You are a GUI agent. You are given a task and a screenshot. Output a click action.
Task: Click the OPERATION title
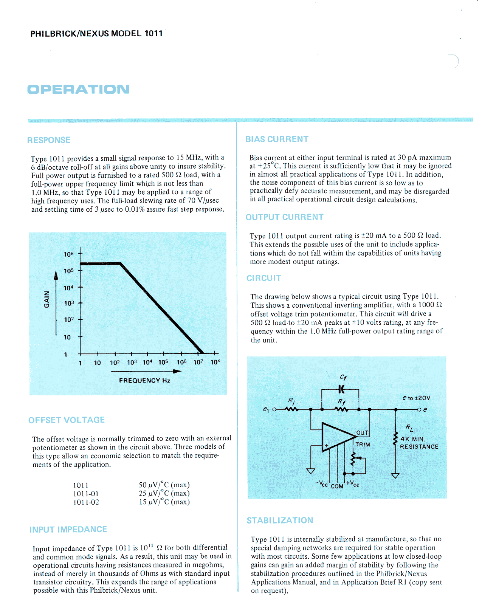tap(78, 89)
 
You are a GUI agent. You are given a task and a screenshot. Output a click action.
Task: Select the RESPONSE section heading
tap(49, 140)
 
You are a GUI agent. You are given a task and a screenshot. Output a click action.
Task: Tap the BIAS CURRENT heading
tap(277, 139)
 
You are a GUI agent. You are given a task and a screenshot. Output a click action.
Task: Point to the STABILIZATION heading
tap(280, 521)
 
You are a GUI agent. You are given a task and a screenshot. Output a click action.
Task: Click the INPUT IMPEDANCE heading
tap(68, 530)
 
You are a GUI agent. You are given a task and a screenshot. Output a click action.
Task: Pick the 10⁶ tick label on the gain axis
tap(68, 254)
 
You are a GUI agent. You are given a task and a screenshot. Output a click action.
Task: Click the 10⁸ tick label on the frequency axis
tap(215, 362)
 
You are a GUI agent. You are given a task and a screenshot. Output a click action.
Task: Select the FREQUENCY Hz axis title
tap(144, 381)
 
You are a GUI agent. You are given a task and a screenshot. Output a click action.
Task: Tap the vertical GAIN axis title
tap(47, 299)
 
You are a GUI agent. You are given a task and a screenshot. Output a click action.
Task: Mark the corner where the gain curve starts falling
tap(120, 263)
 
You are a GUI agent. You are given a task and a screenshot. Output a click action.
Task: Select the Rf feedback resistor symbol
tap(341, 409)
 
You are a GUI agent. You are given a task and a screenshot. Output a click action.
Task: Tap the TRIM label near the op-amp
tap(363, 445)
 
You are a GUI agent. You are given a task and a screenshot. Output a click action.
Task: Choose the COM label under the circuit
tap(337, 486)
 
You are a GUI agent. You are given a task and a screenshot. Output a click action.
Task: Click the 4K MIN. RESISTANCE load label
tap(419, 443)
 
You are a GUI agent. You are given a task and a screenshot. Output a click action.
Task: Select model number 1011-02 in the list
tap(86, 502)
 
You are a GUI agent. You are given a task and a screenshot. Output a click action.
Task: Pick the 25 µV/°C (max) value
tap(164, 493)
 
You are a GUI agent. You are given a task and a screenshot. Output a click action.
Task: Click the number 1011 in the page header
tap(153, 33)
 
